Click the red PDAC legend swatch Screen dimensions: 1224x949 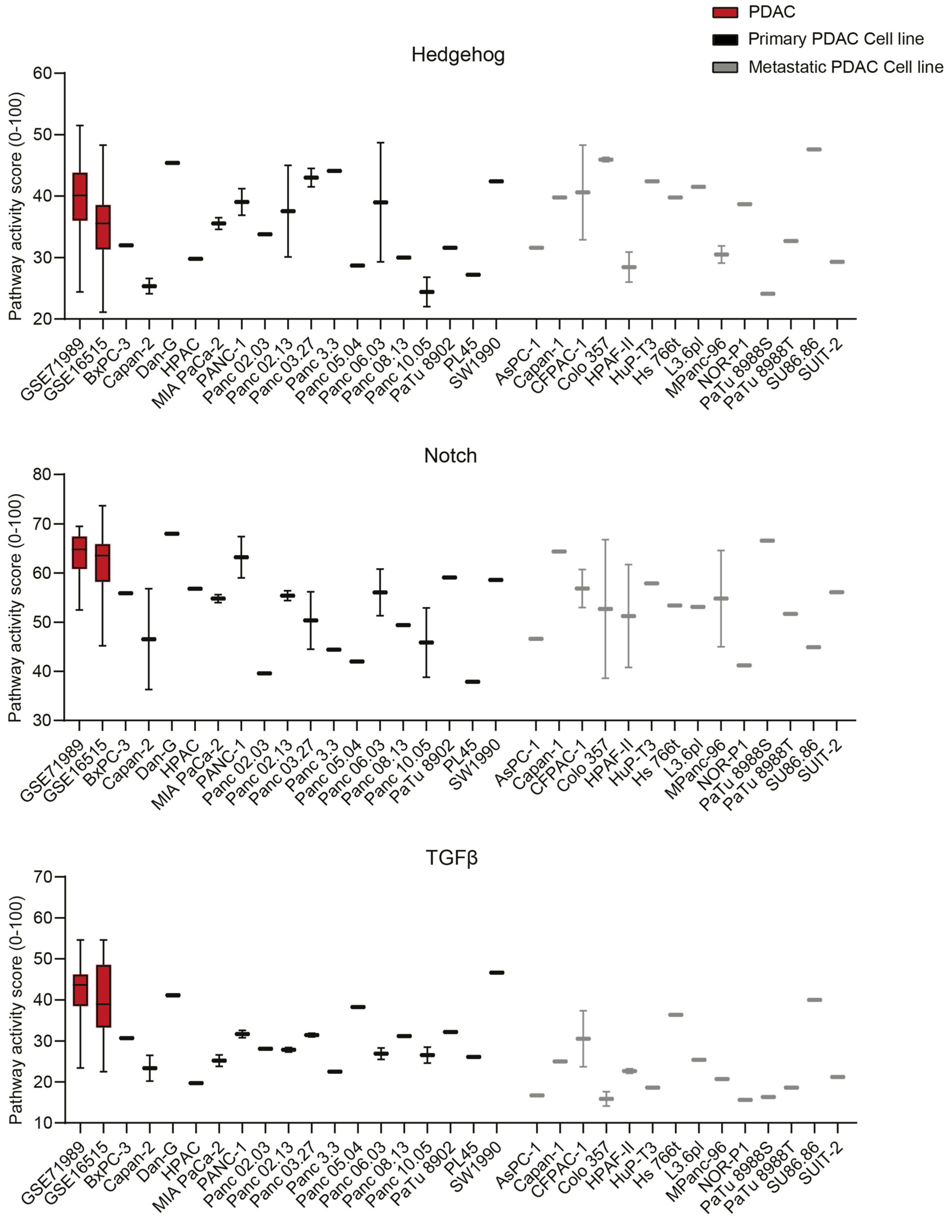[x=725, y=12]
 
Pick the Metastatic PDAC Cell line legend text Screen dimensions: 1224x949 [x=845, y=67]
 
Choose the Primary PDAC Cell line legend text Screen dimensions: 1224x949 [x=836, y=39]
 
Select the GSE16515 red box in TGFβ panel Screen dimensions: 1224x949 [x=103, y=996]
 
